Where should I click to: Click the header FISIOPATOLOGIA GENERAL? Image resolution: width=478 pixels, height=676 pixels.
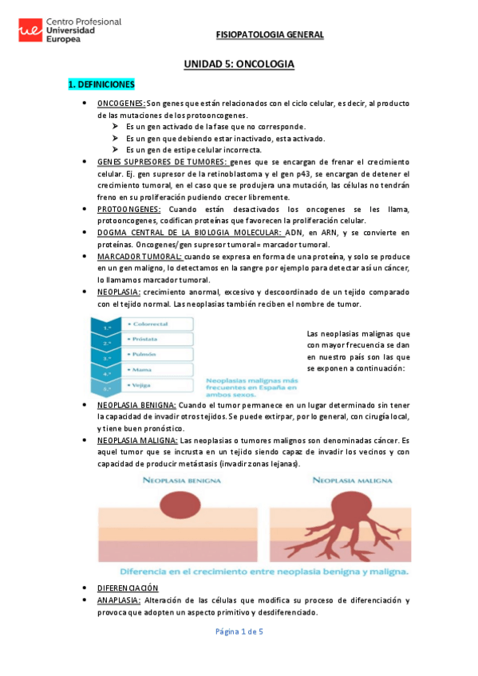click(270, 35)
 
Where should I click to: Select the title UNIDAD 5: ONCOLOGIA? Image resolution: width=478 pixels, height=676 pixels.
click(239, 63)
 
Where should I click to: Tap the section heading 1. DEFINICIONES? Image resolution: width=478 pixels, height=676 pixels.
click(101, 84)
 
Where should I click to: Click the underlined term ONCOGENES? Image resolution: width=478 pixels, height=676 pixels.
click(121, 103)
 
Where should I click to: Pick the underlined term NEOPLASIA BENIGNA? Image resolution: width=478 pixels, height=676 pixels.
click(136, 405)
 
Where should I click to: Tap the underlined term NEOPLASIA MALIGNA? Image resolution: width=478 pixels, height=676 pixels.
click(136, 440)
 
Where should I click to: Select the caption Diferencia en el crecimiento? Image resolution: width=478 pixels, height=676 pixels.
click(263, 571)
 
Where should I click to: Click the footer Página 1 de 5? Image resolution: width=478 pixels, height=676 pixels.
click(239, 631)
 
